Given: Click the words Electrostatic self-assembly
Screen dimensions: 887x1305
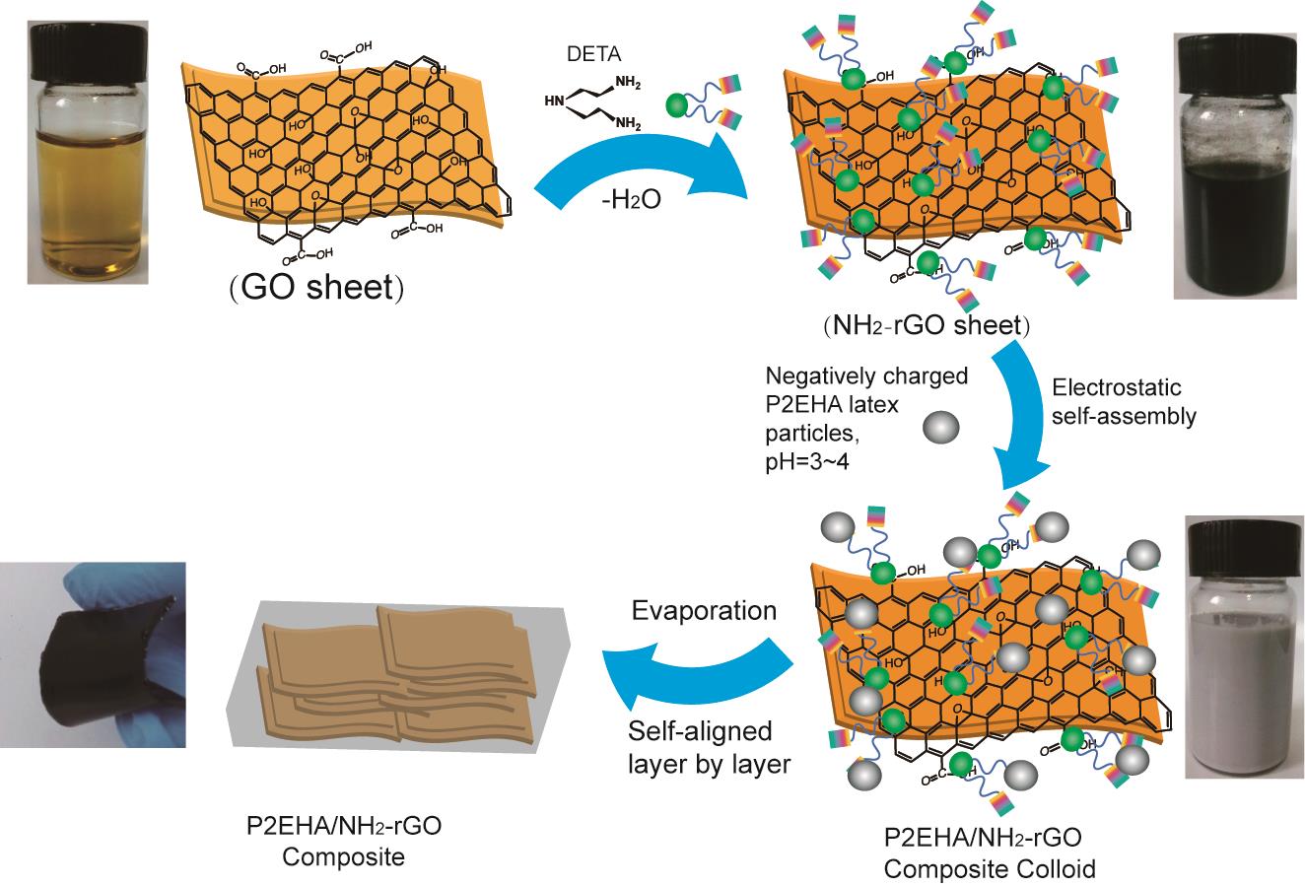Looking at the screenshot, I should point(1124,402).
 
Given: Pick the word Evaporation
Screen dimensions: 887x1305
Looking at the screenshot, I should point(704,610).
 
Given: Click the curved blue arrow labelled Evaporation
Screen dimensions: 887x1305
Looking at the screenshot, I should point(690,675).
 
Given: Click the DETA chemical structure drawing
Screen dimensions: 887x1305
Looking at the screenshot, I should point(591,102).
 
